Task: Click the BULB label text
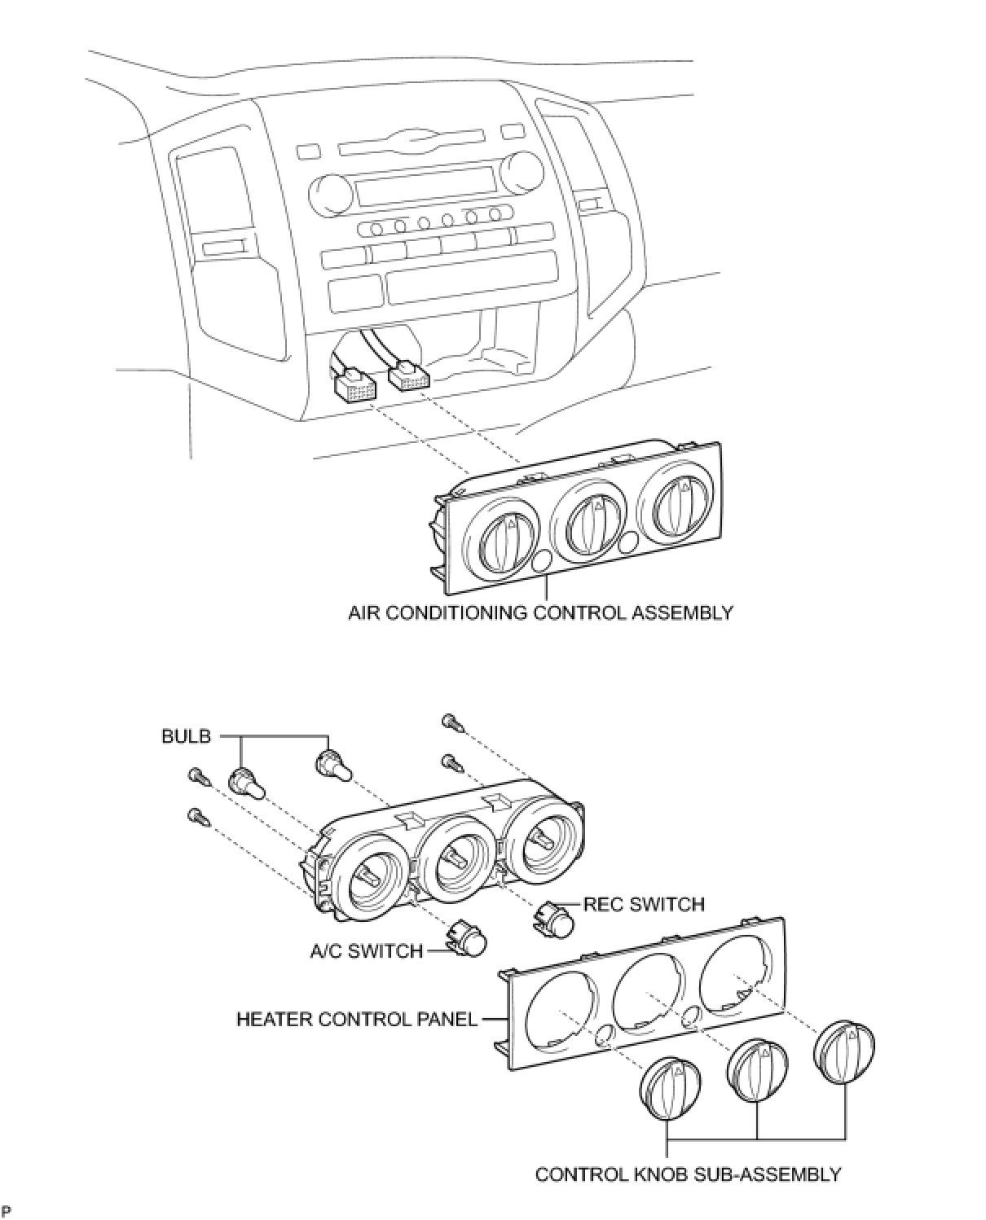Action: [x=186, y=736]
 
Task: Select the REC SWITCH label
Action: [x=644, y=904]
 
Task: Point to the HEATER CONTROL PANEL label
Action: [x=356, y=1019]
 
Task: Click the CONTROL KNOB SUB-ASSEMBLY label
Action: [x=687, y=1174]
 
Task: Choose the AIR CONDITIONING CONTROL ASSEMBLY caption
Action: [x=540, y=612]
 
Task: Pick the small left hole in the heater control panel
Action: [x=605, y=1034]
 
